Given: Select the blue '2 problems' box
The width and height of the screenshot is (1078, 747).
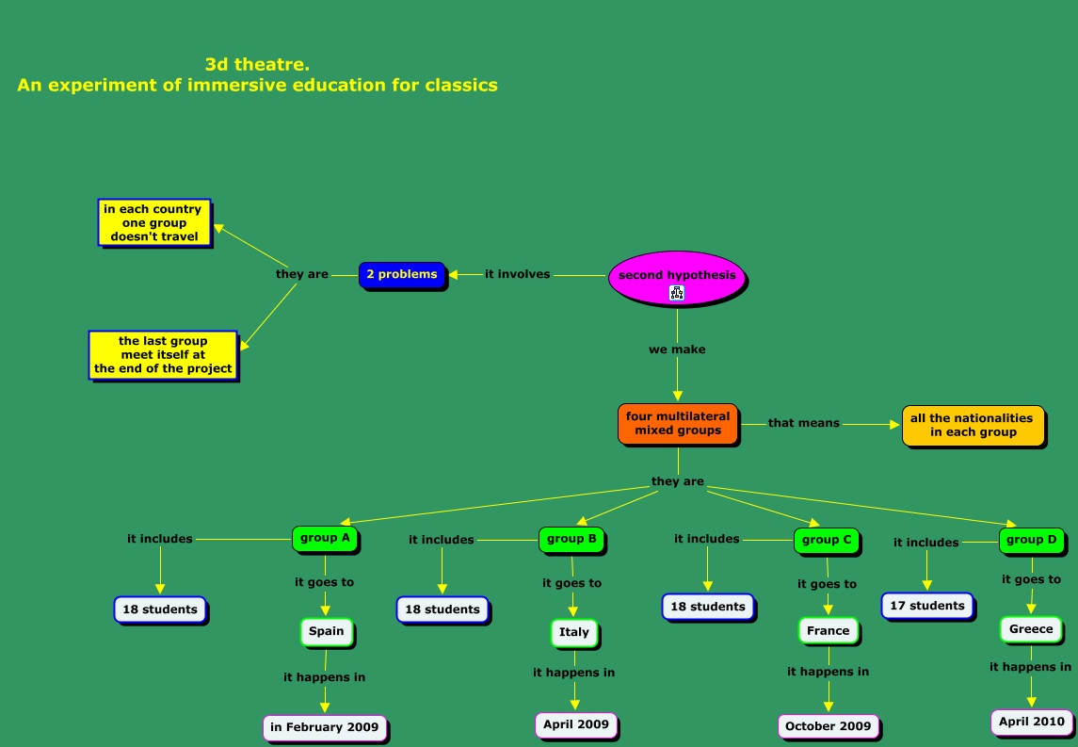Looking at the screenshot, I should click(402, 275).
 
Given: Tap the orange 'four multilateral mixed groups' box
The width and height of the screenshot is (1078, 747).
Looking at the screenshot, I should click(678, 424).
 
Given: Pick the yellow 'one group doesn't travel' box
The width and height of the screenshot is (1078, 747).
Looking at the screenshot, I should click(154, 223).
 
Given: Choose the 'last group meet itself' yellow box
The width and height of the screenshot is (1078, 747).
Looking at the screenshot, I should click(163, 355).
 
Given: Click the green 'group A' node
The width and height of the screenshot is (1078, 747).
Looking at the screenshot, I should click(325, 539).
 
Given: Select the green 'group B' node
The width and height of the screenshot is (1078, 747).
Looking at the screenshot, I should click(571, 539).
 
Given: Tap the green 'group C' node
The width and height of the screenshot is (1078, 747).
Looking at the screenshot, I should click(827, 540).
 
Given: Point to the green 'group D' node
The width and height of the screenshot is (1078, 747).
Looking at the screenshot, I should click(1032, 540).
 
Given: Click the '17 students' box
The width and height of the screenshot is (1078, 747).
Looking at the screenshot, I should click(927, 606).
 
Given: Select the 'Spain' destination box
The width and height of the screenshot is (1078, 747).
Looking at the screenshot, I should click(327, 631).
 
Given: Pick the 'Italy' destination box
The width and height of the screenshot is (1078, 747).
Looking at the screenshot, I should click(573, 632).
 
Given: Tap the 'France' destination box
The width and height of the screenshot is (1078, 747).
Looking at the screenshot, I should click(828, 630).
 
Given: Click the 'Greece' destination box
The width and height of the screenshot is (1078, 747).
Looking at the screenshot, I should click(1031, 629).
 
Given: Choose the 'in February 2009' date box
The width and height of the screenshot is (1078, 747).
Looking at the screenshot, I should click(324, 727).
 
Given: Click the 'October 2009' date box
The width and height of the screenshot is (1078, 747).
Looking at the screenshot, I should click(829, 726).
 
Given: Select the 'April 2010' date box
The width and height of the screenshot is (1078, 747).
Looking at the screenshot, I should click(1032, 723).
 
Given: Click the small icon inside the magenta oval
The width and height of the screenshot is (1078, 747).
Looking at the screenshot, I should click(676, 293).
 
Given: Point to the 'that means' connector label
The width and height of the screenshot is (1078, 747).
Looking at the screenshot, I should click(803, 423).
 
